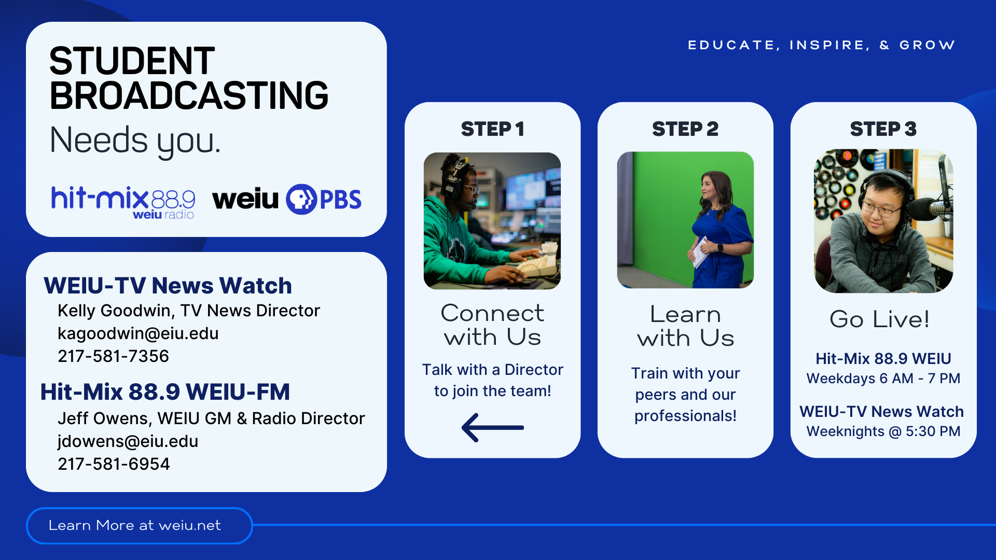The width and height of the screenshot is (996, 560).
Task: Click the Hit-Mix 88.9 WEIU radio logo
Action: (123, 201)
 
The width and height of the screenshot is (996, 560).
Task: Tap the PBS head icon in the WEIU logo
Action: (301, 199)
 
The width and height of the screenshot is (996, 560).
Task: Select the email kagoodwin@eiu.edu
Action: (138, 333)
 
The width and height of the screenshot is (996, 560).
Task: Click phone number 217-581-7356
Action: (113, 356)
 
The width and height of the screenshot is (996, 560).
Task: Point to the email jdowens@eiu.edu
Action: (128, 441)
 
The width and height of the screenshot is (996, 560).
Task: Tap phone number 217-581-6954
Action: (114, 464)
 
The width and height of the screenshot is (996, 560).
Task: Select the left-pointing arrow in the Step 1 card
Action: (492, 428)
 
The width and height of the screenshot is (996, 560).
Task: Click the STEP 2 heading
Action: (685, 129)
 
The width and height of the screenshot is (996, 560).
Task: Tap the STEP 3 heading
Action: (883, 129)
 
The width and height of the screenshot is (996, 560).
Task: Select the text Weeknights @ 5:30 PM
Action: (883, 431)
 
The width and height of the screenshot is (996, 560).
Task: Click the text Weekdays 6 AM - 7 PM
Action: (883, 379)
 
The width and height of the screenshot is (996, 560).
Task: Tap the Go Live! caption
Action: (879, 319)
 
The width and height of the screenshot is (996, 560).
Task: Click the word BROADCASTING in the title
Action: (189, 96)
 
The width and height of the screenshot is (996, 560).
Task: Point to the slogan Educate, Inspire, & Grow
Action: (821, 45)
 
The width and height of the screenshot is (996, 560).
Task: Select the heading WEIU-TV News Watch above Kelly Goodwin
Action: (168, 286)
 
